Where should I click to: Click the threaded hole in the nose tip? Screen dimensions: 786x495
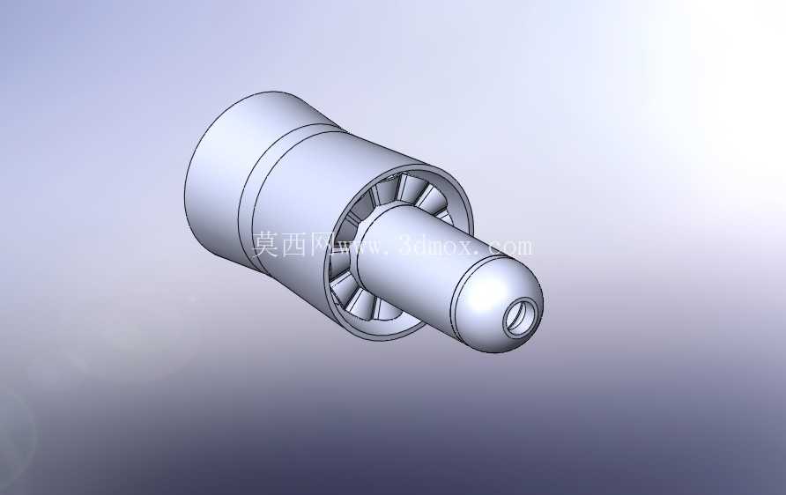click(x=523, y=318)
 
